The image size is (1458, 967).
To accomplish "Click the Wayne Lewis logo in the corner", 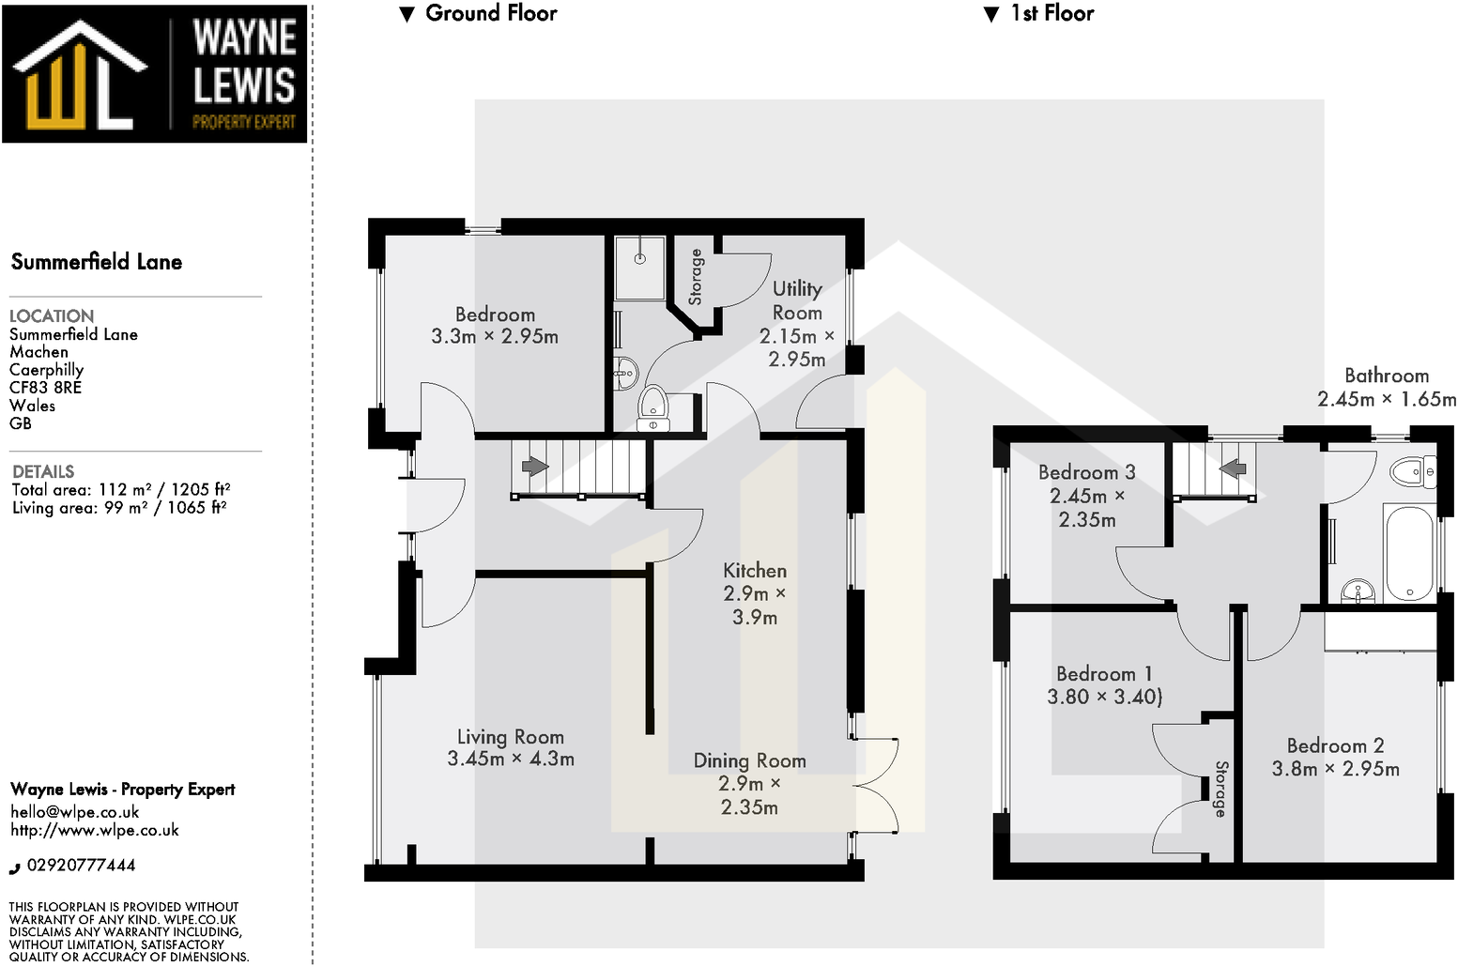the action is click(x=154, y=73).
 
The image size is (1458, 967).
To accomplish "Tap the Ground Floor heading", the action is click(x=490, y=13).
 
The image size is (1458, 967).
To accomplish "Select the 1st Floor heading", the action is click(x=1051, y=13).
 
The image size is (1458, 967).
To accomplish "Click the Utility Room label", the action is click(x=797, y=300).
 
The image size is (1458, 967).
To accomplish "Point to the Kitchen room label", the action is click(x=755, y=571).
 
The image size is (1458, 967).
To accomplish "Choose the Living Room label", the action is click(x=511, y=738).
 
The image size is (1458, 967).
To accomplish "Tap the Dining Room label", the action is click(x=749, y=760).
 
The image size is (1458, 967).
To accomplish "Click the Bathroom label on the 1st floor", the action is click(x=1386, y=376).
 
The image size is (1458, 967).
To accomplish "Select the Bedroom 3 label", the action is click(x=1086, y=472).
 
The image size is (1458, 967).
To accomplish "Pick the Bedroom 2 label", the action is click(x=1335, y=746).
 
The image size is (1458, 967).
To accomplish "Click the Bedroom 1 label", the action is click(x=1104, y=674).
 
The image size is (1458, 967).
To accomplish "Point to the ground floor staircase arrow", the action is click(x=535, y=467).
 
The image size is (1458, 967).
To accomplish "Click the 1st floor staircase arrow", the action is click(x=1233, y=467).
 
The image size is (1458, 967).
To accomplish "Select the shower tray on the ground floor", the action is click(x=640, y=268).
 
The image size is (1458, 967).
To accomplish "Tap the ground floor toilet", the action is click(x=652, y=406).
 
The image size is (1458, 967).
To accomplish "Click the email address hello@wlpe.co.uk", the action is click(x=75, y=812).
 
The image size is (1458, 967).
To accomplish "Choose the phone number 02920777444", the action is click(x=81, y=866).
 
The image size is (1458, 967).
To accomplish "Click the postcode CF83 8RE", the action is click(x=45, y=388).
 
